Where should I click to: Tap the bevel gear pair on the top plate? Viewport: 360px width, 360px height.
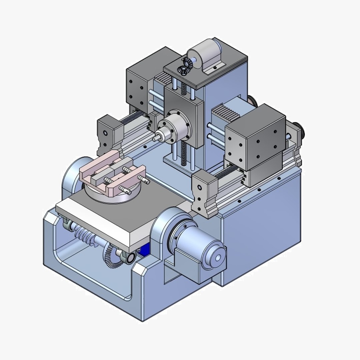point(183,66)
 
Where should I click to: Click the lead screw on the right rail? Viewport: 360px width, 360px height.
point(227,173)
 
